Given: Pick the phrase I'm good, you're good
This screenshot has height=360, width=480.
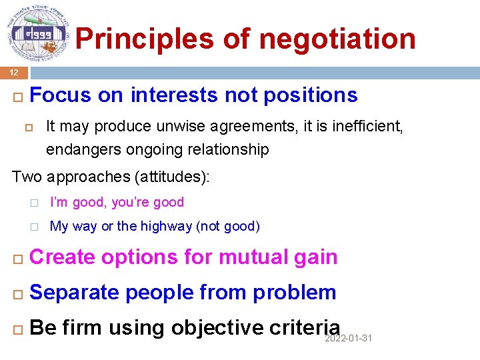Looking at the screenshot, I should (117, 202).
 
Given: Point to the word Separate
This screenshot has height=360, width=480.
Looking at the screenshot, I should (75, 292).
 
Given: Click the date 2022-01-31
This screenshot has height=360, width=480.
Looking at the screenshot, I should (348, 339).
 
